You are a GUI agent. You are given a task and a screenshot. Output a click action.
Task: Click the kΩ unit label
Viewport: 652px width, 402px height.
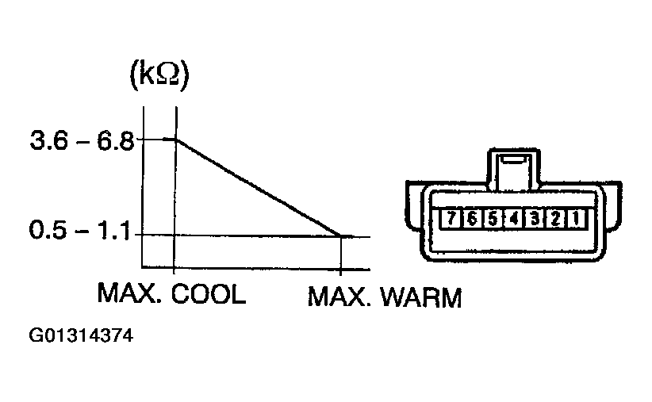pyautogui.click(x=159, y=75)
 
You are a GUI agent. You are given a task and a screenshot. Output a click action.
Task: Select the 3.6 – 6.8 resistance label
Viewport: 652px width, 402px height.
pyautogui.click(x=82, y=141)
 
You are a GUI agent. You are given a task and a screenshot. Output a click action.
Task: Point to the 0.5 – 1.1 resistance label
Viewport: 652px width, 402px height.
pyautogui.click(x=80, y=230)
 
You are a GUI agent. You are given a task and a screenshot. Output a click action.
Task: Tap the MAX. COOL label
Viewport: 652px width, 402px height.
pyautogui.click(x=171, y=293)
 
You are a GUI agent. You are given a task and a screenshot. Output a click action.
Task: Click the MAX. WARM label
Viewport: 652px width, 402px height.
pyautogui.click(x=385, y=297)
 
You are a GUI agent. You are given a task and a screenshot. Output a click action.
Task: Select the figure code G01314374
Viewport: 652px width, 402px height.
pyautogui.click(x=81, y=335)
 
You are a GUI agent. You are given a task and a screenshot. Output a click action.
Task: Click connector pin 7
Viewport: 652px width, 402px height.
pyautogui.click(x=451, y=218)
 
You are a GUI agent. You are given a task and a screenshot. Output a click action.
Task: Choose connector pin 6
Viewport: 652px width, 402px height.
pyautogui.click(x=471, y=218)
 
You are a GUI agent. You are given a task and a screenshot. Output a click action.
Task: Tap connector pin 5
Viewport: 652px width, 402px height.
pyautogui.click(x=493, y=218)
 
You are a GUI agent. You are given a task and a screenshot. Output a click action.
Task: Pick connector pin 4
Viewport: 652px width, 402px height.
pyautogui.click(x=513, y=218)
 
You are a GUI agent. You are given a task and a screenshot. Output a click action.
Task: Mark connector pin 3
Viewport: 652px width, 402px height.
pyautogui.click(x=535, y=218)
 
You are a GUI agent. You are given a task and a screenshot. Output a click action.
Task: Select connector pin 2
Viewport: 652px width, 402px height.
pyautogui.click(x=555, y=218)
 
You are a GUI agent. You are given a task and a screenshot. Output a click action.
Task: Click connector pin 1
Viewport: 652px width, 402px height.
pyautogui.click(x=576, y=218)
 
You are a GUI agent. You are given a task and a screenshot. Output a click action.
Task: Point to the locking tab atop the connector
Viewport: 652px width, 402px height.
pyautogui.click(x=514, y=168)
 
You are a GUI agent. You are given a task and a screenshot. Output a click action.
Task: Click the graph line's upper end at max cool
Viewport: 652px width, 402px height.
pyautogui.click(x=176, y=140)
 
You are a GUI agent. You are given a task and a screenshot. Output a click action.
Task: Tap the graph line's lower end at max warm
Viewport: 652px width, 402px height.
pyautogui.click(x=341, y=236)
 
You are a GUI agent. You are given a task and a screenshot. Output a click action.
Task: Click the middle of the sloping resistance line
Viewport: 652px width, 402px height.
pyautogui.click(x=259, y=188)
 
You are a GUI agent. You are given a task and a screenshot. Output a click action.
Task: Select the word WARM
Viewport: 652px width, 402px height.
pyautogui.click(x=421, y=297)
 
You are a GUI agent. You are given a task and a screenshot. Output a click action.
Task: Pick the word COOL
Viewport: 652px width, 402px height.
pyautogui.click(x=209, y=293)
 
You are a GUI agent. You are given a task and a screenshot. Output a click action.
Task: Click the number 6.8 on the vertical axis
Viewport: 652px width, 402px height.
pyautogui.click(x=116, y=141)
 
